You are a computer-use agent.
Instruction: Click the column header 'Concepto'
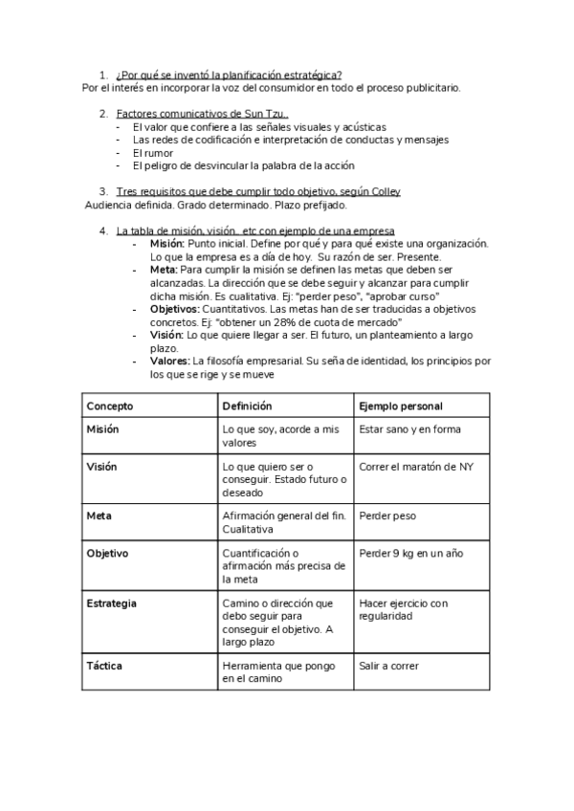pyautogui.click(x=110, y=406)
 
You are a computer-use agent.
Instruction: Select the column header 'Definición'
pyautogui.click(x=247, y=406)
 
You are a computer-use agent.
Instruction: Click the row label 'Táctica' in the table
pyautogui.click(x=105, y=666)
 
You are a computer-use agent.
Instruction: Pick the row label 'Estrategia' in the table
pyautogui.click(x=111, y=603)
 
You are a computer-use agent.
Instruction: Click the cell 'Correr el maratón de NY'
pyautogui.click(x=415, y=467)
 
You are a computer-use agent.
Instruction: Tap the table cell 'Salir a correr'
pyautogui.click(x=388, y=666)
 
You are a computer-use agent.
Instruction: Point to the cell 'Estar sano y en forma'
pyautogui.click(x=409, y=429)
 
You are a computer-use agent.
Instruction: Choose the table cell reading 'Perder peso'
pyautogui.click(x=386, y=515)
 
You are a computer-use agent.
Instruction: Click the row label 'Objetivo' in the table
pyautogui.click(x=107, y=554)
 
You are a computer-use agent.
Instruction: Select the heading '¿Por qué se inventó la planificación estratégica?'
pyautogui.click(x=229, y=75)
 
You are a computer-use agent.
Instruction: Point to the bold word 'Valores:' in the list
pyautogui.click(x=170, y=362)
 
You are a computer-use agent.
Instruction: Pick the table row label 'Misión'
pyautogui.click(x=103, y=429)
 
